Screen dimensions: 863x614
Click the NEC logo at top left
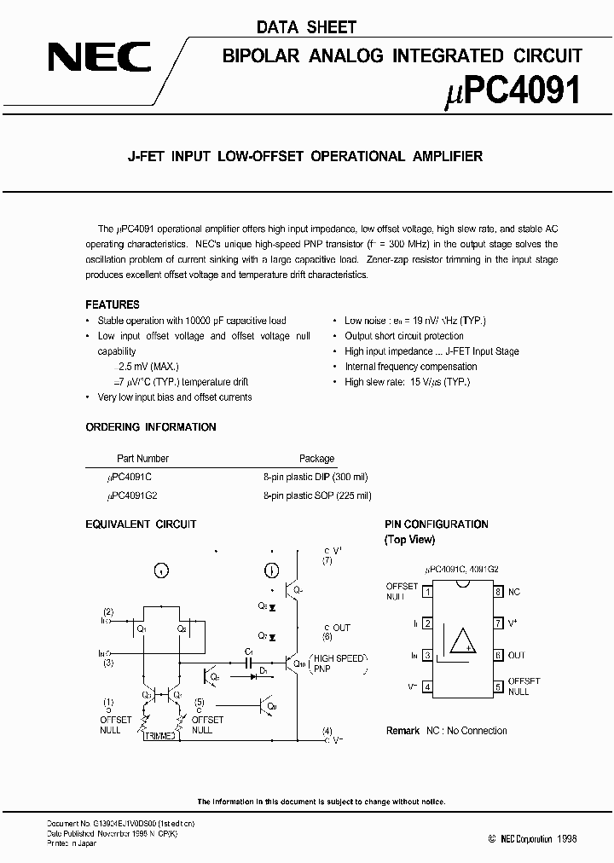coord(99,59)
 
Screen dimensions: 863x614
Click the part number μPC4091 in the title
coord(513,90)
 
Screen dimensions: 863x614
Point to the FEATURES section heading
coord(113,304)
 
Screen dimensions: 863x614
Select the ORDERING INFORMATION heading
coord(151,427)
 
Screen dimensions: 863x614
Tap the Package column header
coord(316,459)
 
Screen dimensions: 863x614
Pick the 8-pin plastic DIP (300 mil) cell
coord(316,478)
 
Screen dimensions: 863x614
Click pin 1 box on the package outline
coord(426,592)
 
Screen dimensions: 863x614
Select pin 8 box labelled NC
coord(498,592)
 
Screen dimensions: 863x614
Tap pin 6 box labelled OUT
coord(498,655)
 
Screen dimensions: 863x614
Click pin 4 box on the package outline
coord(426,686)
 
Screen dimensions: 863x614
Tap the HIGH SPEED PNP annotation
coord(338,664)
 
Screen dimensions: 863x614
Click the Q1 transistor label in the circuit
coord(142,629)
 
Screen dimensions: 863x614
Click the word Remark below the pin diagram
coord(403,731)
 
